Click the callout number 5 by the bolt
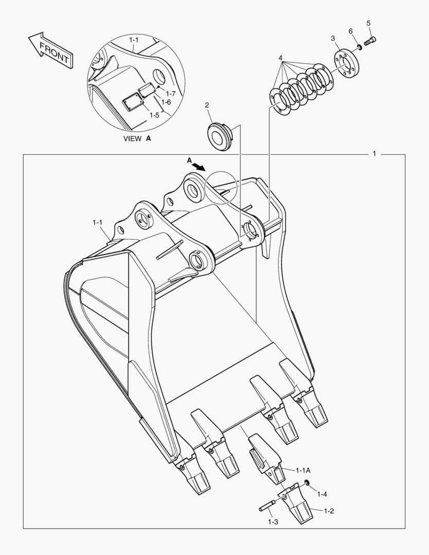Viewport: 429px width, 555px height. coord(368,23)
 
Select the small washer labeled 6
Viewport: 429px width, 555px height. coord(360,47)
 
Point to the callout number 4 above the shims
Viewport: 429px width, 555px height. coord(281,58)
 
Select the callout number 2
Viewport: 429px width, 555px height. coord(207,105)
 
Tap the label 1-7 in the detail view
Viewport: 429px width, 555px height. coord(171,94)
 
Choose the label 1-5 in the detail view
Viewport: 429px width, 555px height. coord(154,116)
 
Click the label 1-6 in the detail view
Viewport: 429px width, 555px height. coord(165,102)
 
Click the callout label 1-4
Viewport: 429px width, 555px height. coord(322,494)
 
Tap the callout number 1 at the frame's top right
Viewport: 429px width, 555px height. coord(375,154)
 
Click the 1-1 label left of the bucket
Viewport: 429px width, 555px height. coord(98,223)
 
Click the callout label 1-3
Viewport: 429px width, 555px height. coord(273,522)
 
